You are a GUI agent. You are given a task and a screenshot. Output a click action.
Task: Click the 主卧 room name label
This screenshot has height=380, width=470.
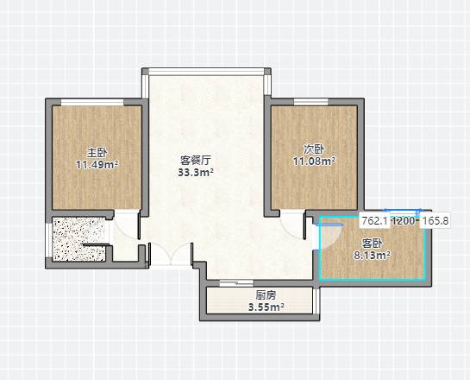coord(97,153)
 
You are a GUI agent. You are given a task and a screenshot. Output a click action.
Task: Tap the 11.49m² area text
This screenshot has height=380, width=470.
coord(97,164)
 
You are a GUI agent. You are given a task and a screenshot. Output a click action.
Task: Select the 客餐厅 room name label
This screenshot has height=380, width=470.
coord(196,160)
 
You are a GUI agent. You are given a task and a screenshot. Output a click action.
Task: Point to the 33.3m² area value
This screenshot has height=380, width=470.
coord(196,172)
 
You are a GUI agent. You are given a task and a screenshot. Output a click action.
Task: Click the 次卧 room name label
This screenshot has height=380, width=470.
coord(314,149)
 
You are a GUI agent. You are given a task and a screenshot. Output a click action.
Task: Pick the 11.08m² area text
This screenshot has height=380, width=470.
coord(314,161)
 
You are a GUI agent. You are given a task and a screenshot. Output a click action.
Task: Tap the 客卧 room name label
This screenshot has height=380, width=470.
coord(372,244)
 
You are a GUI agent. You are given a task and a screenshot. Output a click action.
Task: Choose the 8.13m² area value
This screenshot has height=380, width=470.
coord(372,256)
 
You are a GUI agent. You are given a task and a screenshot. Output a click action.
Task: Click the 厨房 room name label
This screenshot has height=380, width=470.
coord(266,295)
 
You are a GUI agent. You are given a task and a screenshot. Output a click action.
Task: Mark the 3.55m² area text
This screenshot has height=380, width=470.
coord(266,307)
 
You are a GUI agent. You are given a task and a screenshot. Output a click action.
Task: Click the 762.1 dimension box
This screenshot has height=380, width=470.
coord(374,221)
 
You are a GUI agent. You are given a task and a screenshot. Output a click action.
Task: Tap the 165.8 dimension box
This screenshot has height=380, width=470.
coord(435,221)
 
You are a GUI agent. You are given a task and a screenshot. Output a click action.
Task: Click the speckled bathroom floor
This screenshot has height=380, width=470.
coord(78,238)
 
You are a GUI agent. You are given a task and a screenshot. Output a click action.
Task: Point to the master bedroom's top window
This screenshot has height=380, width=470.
coord(92,103)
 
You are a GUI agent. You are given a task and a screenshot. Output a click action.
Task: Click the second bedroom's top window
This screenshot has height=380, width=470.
coord(311,102)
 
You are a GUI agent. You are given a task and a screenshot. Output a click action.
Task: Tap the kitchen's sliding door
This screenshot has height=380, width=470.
coord(236,282)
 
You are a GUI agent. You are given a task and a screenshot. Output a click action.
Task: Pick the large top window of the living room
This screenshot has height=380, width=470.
coord(206,72)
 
